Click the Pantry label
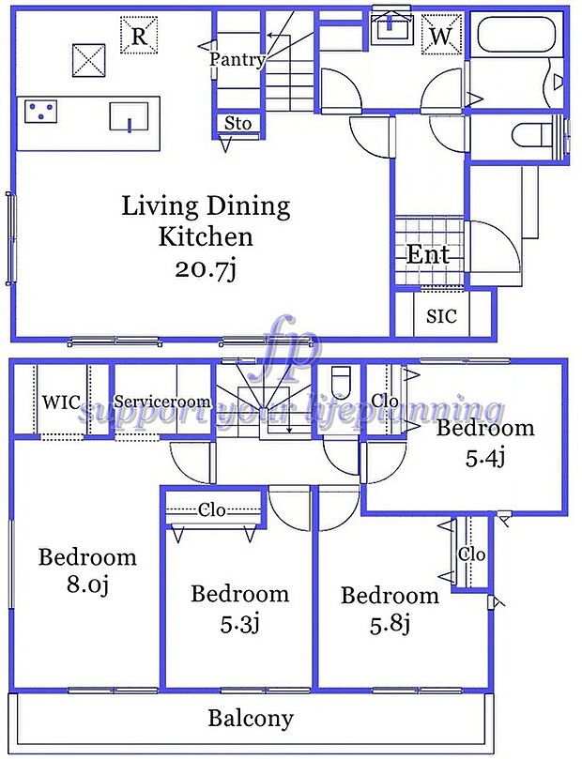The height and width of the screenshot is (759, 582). point(237,59)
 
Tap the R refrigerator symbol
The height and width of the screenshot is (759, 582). point(138,37)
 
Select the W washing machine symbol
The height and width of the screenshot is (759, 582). point(439,36)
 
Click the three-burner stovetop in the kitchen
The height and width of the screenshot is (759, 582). point(40,113)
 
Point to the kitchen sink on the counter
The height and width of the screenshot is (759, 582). point(128,117)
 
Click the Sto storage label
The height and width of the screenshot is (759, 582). point(237,124)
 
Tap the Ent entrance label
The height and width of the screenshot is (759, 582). point(428,254)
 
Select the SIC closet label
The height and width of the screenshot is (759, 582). point(441,316)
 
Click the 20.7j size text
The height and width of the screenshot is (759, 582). point(205,270)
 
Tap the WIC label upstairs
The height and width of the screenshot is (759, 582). point(61,402)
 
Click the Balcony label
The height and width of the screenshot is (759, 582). point(250,720)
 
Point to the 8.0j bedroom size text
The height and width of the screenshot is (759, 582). point(86,586)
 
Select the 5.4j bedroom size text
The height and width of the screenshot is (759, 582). point(485,459)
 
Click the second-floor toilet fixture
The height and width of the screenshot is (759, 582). point(341,383)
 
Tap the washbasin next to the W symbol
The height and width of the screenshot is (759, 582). point(388,28)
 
